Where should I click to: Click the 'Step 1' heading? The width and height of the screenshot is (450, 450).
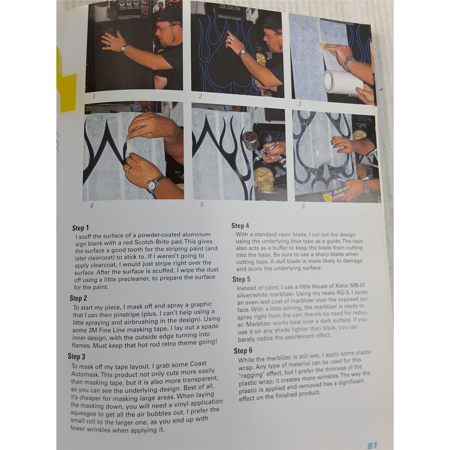pyautogui.click(x=80, y=228)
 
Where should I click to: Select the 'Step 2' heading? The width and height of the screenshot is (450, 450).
pyautogui.click(x=78, y=298)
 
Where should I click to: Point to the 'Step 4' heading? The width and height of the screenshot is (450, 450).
pyautogui.click(x=240, y=226)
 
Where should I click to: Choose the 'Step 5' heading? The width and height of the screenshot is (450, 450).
pyautogui.click(x=241, y=279)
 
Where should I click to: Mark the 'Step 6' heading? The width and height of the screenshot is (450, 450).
pyautogui.click(x=243, y=351)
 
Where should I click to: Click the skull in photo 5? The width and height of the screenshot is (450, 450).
pyautogui.click(x=263, y=180)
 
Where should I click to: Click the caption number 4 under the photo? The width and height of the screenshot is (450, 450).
pyautogui.click(x=92, y=206)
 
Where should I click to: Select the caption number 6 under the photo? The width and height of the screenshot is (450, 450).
pyautogui.click(x=303, y=206)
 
